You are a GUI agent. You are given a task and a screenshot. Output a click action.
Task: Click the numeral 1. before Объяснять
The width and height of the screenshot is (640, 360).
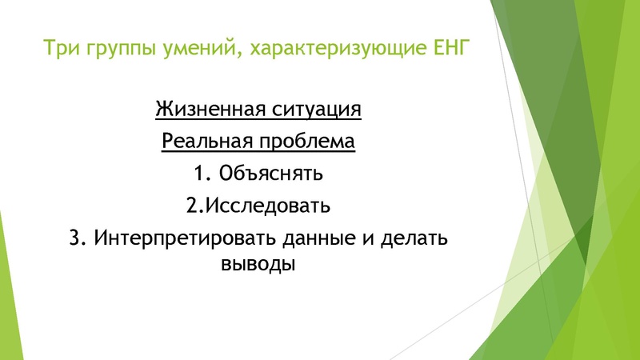201,173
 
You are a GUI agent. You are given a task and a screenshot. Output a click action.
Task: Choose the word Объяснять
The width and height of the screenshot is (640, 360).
270,173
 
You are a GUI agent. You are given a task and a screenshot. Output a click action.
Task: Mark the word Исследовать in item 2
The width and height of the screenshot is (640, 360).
268,206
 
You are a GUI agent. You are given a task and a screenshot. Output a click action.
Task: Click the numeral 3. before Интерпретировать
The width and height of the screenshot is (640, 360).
78,238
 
